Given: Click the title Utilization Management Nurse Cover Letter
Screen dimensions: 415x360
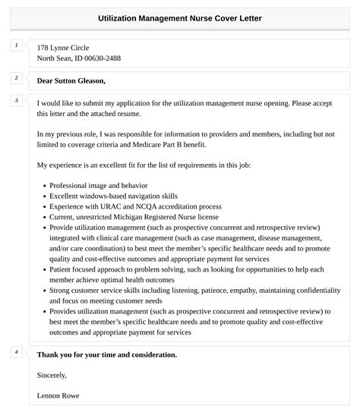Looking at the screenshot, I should [180, 17].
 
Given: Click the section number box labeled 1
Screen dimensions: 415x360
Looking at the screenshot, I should [16, 46].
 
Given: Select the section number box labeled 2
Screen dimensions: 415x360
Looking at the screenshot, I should [16, 78].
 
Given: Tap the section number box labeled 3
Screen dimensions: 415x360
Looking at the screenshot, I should [16, 100].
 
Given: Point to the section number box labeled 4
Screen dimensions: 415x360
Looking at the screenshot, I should [16, 352].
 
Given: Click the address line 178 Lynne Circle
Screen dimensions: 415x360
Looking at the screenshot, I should [63, 47].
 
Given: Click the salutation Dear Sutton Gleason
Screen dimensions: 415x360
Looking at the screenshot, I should [71, 80].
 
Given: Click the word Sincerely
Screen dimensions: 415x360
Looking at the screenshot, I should [52, 375].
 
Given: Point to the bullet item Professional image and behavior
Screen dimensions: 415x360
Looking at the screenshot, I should [98, 185].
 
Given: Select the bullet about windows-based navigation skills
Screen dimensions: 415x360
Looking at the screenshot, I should [114, 196].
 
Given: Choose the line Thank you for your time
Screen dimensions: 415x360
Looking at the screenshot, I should [106, 354].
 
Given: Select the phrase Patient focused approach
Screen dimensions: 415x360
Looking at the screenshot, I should [92, 269].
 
